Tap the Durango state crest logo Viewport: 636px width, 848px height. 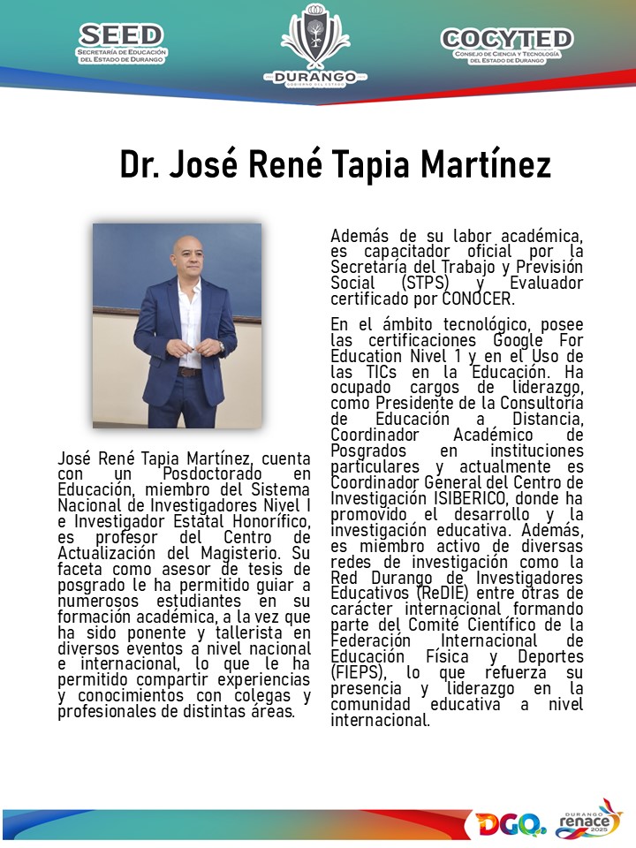point(315,44)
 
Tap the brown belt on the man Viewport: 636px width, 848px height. point(188,372)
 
